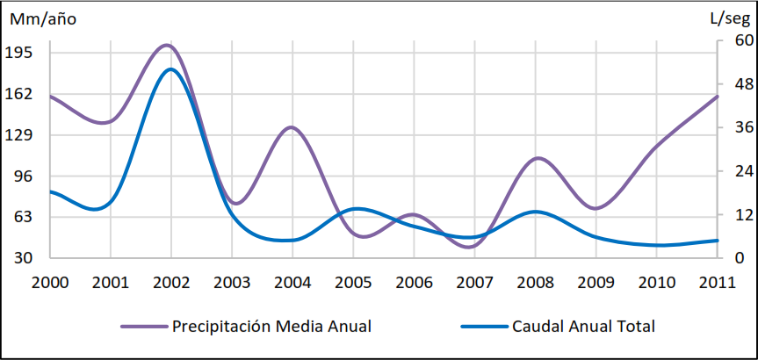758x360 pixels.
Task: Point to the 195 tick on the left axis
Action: pos(19,53)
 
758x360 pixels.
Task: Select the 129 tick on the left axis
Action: pos(19,135)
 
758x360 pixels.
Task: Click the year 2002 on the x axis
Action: pos(170,282)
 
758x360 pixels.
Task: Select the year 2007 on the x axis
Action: pos(474,282)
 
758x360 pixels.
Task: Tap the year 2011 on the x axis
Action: pos(718,282)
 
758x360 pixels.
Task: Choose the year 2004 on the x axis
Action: pos(292,282)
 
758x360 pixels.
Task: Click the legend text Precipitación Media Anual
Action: pos(271,327)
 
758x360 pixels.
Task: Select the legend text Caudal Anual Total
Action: pos(583,327)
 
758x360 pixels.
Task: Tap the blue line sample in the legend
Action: pos(484,327)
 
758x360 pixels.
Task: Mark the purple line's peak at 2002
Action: pos(168,45)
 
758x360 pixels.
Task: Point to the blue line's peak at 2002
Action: pos(170,69)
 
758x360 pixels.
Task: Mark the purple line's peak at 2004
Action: pos(292,127)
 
